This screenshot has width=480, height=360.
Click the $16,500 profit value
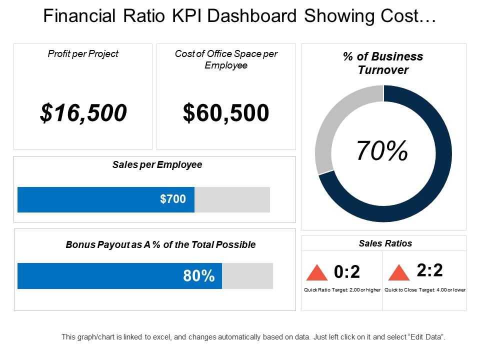coord(83,113)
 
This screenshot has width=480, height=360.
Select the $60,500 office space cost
coord(226,113)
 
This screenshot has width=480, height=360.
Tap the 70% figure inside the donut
coord(382,151)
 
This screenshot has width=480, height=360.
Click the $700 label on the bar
coord(172,199)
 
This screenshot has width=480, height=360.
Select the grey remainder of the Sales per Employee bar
coord(232,199)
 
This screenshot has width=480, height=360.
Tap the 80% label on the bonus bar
coord(198,275)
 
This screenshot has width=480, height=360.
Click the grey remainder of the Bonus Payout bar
coord(247,275)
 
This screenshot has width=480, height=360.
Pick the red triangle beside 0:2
coord(316,273)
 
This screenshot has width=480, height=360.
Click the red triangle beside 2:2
coord(399,273)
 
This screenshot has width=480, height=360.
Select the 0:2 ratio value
coord(347,272)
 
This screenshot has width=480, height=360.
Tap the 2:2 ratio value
coord(430,270)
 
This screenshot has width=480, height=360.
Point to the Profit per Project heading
coord(83,53)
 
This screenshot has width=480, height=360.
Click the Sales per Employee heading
coord(157,164)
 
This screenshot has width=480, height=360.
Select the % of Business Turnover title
coord(383,63)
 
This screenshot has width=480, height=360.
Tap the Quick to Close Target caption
coord(424,290)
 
